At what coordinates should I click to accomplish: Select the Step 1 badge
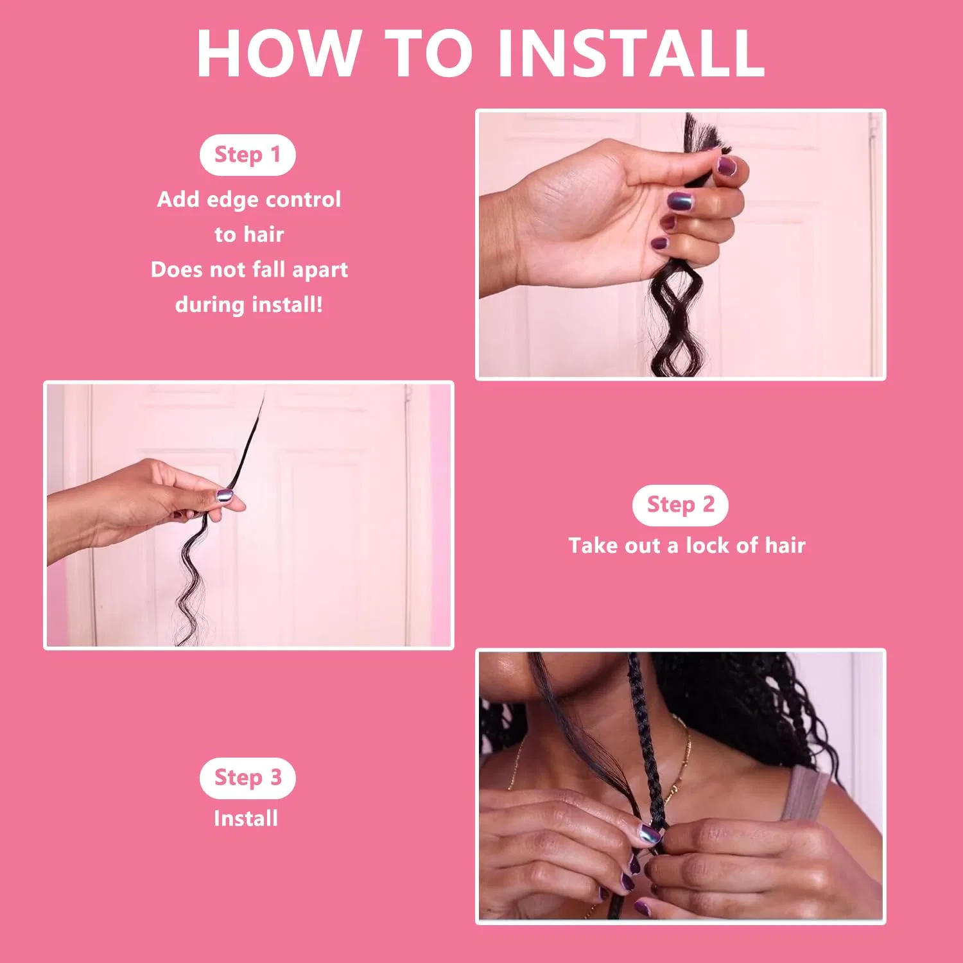[247, 155]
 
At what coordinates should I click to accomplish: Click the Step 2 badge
[680, 505]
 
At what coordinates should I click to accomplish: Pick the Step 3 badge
[247, 777]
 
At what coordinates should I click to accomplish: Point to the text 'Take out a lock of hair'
[686, 546]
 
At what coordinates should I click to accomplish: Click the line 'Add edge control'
[249, 200]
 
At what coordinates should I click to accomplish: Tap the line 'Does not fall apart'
[249, 269]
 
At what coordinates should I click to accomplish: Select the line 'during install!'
[249, 304]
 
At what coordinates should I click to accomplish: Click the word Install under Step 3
[246, 819]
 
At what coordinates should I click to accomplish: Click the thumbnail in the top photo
[726, 166]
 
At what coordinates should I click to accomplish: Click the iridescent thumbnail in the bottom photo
[649, 834]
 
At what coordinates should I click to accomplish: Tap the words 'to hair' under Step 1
[249, 234]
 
